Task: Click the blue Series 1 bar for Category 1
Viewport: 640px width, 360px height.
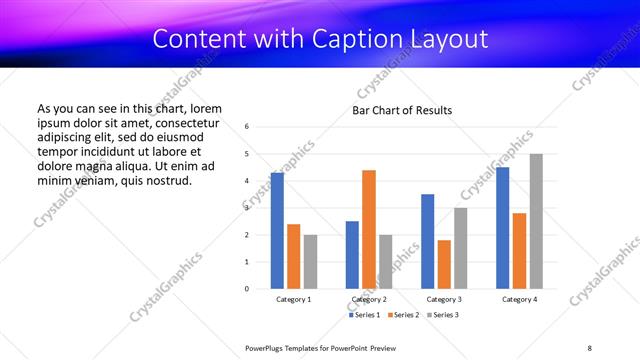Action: tap(277, 231)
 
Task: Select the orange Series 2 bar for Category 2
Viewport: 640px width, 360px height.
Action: tap(368, 229)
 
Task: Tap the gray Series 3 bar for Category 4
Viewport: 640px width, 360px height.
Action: tap(536, 221)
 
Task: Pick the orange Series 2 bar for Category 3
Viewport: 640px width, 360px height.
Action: tap(444, 264)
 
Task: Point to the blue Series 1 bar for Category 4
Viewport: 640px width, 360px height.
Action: tap(503, 228)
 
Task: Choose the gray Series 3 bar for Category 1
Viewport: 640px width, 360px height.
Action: tap(310, 262)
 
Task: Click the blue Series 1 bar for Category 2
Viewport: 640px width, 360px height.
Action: tap(352, 255)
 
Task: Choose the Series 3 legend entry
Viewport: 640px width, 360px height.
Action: tap(443, 314)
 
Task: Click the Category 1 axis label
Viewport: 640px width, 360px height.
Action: tap(294, 299)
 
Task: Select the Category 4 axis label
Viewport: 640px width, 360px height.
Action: tap(519, 299)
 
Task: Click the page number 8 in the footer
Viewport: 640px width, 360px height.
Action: tap(590, 347)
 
